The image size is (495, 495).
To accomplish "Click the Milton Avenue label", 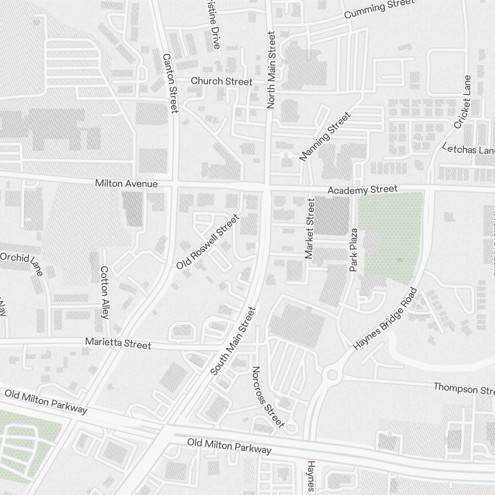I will click(x=126, y=184).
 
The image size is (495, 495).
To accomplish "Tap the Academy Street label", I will click(x=363, y=190).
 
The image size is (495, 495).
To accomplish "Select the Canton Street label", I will click(x=170, y=83).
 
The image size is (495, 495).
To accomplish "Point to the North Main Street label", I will click(x=271, y=70).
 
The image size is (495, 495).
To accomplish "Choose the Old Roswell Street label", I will click(x=208, y=242).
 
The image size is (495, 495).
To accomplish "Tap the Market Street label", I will click(x=310, y=228).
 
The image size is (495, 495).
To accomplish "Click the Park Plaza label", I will click(x=353, y=250).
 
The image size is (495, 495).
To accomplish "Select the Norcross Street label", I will click(x=268, y=396).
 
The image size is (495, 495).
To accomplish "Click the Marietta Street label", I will click(x=118, y=343).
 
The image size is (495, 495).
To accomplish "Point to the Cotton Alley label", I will click(x=104, y=292).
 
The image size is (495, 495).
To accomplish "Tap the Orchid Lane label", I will click(x=22, y=263).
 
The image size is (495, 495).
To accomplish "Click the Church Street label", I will click(x=221, y=81).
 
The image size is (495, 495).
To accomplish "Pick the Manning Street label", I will click(x=325, y=136).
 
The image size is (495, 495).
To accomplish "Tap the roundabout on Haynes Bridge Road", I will click(x=332, y=375).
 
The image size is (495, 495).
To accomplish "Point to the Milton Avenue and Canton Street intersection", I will click(x=174, y=184).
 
